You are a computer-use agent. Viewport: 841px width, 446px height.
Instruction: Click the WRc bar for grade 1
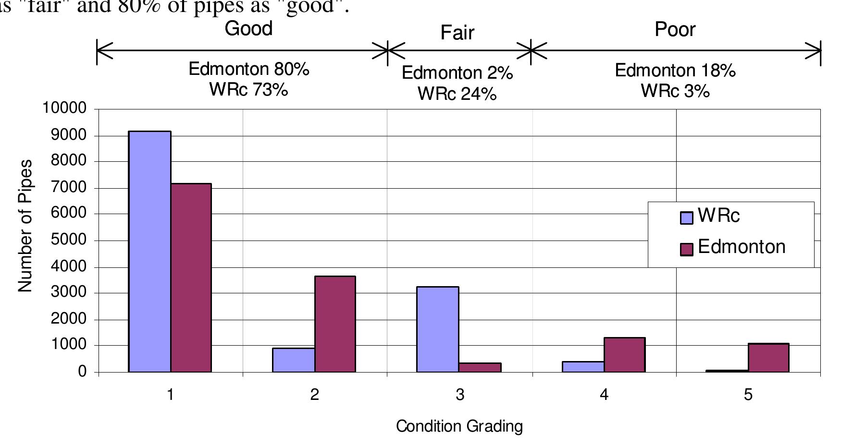(x=149, y=252)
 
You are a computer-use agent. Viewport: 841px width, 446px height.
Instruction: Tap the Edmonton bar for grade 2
(x=335, y=324)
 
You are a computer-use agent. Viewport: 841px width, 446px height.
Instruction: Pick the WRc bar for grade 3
(x=437, y=329)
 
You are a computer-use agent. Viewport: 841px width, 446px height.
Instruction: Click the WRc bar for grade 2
(x=294, y=360)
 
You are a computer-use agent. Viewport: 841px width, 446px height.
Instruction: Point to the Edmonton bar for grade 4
(x=624, y=355)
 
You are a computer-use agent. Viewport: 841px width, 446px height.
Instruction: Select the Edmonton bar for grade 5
(x=768, y=358)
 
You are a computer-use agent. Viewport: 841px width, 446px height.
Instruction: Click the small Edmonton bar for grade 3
(x=480, y=367)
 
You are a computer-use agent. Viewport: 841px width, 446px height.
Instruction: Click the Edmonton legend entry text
(x=741, y=247)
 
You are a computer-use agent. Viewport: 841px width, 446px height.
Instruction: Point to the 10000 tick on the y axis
(x=65, y=108)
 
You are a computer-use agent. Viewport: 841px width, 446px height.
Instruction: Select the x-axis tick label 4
(x=604, y=395)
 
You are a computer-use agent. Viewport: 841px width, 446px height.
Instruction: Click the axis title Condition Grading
(x=459, y=426)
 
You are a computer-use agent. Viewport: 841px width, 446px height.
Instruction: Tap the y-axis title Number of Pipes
(x=25, y=226)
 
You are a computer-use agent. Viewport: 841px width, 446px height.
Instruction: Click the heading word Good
(x=248, y=29)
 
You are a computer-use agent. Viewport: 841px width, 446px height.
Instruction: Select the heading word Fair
(x=457, y=33)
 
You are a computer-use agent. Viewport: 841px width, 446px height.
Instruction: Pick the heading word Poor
(x=675, y=30)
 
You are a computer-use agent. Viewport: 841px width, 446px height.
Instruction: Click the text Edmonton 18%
(x=675, y=71)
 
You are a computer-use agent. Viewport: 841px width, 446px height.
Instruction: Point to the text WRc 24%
(x=457, y=94)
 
